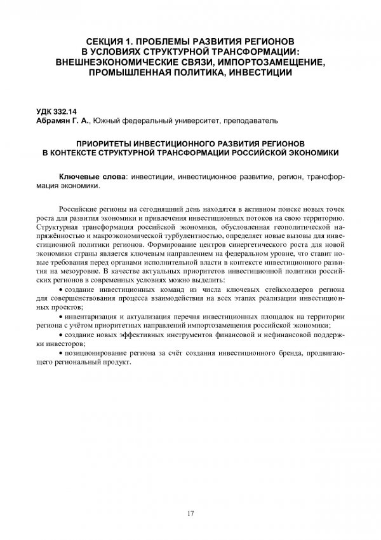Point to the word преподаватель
point(252,120)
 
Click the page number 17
point(190,513)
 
